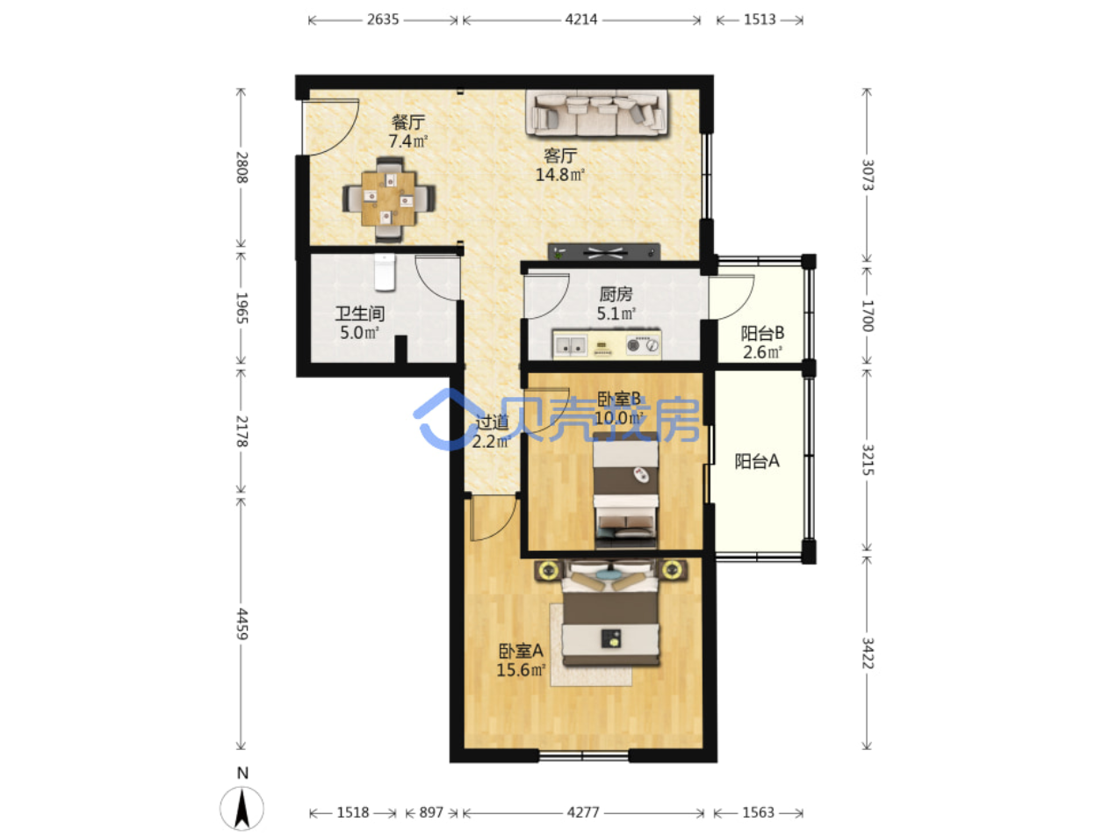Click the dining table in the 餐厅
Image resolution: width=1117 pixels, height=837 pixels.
pyautogui.click(x=388, y=198)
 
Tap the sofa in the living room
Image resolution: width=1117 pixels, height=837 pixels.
pyautogui.click(x=596, y=113)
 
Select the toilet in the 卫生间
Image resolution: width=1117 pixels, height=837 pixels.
pyautogui.click(x=385, y=272)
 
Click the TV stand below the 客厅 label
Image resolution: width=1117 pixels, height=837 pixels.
pyautogui.click(x=603, y=252)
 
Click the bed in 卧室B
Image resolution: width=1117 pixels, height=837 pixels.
pyautogui.click(x=625, y=489)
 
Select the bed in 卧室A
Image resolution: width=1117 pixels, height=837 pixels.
pyautogui.click(x=610, y=613)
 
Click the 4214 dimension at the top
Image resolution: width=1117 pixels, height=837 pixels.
pyautogui.click(x=581, y=20)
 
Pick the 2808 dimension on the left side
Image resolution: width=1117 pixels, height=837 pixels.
pyautogui.click(x=241, y=168)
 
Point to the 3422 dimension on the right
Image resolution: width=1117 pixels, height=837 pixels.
pyautogui.click(x=867, y=653)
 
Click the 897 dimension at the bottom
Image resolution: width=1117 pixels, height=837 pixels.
pyautogui.click(x=431, y=812)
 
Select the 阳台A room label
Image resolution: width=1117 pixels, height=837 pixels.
pyautogui.click(x=757, y=461)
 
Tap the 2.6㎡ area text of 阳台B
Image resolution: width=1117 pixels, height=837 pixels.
pyautogui.click(x=762, y=352)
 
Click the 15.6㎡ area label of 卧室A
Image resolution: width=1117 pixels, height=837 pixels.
pyautogui.click(x=521, y=670)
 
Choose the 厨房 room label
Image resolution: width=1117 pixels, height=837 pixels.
pyautogui.click(x=616, y=294)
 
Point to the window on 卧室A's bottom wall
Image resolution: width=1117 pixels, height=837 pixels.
pyautogui.click(x=583, y=755)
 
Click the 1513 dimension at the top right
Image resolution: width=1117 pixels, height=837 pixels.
pyautogui.click(x=760, y=20)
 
